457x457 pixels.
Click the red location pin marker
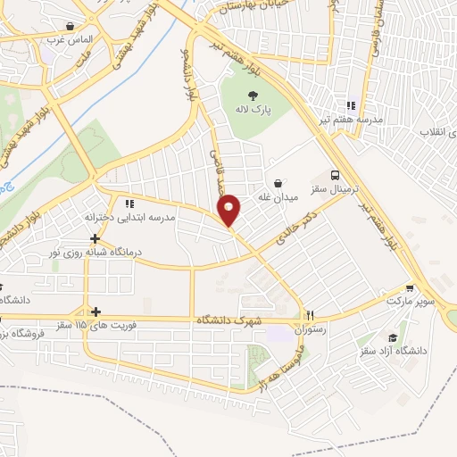tap(229, 209)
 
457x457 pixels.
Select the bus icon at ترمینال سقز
tap(335, 175)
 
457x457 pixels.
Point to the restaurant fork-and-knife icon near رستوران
tap(312, 315)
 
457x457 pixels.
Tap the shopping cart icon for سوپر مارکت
tap(410, 288)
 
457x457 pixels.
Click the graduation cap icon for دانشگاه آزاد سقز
tap(393, 337)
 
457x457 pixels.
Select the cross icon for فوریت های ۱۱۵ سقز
tap(95, 312)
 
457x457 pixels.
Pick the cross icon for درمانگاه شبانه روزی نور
tap(95, 238)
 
